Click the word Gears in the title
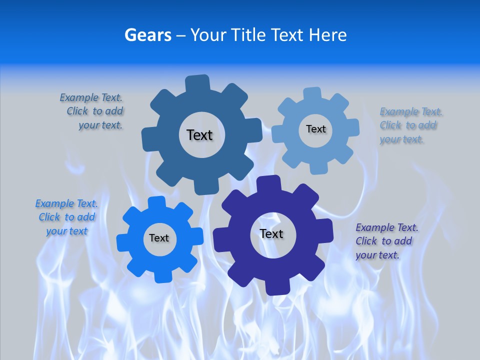coord(147,35)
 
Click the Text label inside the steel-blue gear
coord(199,135)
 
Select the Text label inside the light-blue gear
coord(315,129)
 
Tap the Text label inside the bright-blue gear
coord(159,238)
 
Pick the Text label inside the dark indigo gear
coord(271,233)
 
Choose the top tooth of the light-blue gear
coord(312,93)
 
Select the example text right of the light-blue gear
coord(409,125)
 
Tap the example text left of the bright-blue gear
coord(66,217)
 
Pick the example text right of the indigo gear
coord(386,241)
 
